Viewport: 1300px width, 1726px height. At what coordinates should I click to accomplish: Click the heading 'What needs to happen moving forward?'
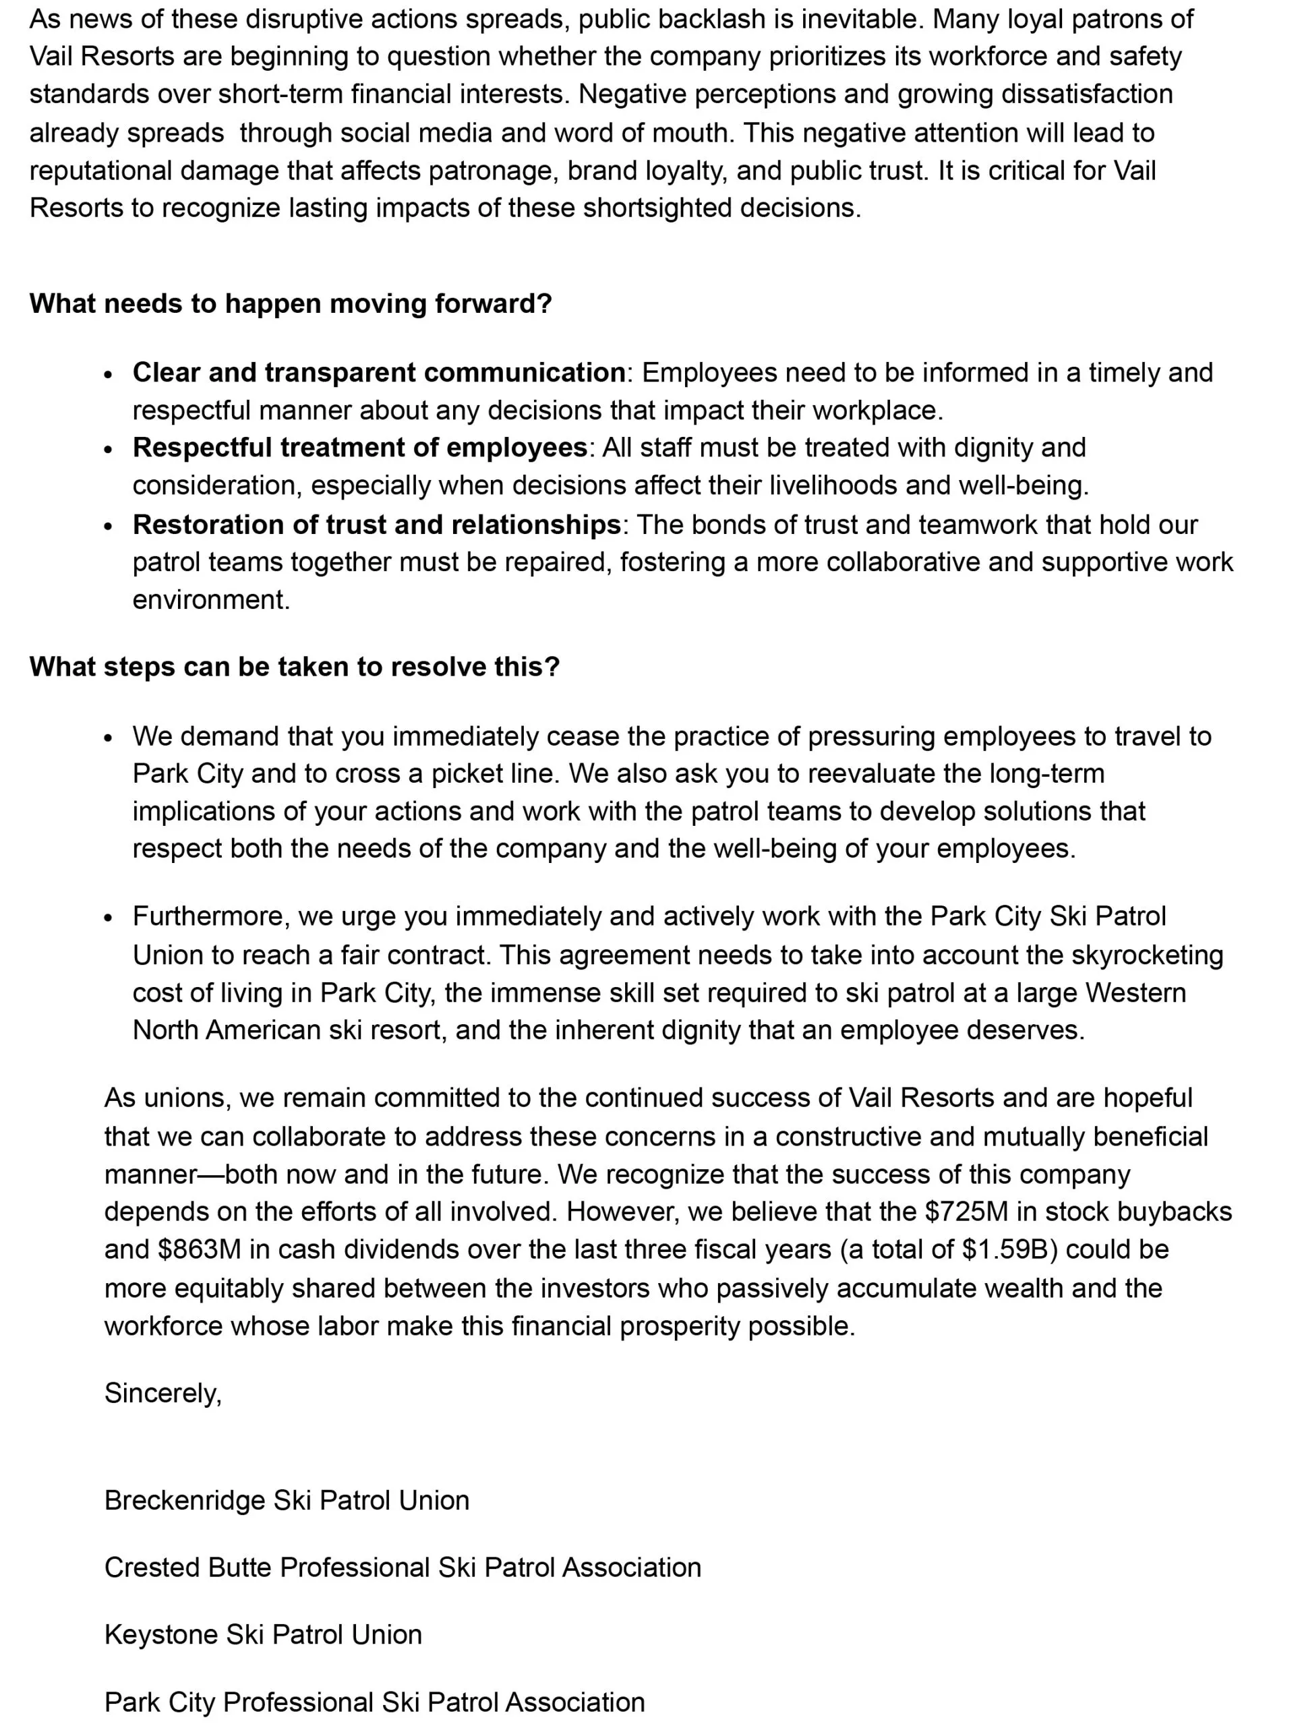pyautogui.click(x=291, y=303)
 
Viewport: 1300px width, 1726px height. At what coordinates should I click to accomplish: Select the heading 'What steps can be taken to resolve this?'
pyautogui.click(x=294, y=667)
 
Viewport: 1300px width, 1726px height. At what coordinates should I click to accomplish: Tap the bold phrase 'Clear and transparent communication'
pyautogui.click(x=378, y=373)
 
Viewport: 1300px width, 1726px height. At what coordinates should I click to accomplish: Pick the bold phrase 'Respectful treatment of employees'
pyautogui.click(x=359, y=448)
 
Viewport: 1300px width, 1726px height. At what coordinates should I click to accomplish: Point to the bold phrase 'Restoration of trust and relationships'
pyautogui.click(x=376, y=525)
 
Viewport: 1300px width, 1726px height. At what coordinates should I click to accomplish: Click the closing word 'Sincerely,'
pyautogui.click(x=163, y=1394)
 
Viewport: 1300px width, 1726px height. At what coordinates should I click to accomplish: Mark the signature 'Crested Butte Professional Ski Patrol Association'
pyautogui.click(x=403, y=1568)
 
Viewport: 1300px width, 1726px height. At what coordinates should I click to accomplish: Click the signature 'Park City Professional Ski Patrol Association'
pyautogui.click(x=374, y=1702)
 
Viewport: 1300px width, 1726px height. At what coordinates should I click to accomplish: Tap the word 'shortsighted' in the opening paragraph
pyautogui.click(x=657, y=208)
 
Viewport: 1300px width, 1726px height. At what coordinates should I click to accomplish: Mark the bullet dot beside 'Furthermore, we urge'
pyautogui.click(x=109, y=918)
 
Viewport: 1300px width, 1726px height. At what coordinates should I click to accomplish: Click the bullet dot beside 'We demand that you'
pyautogui.click(x=109, y=738)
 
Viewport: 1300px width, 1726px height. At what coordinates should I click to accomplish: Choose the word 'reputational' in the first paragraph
pyautogui.click(x=100, y=171)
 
